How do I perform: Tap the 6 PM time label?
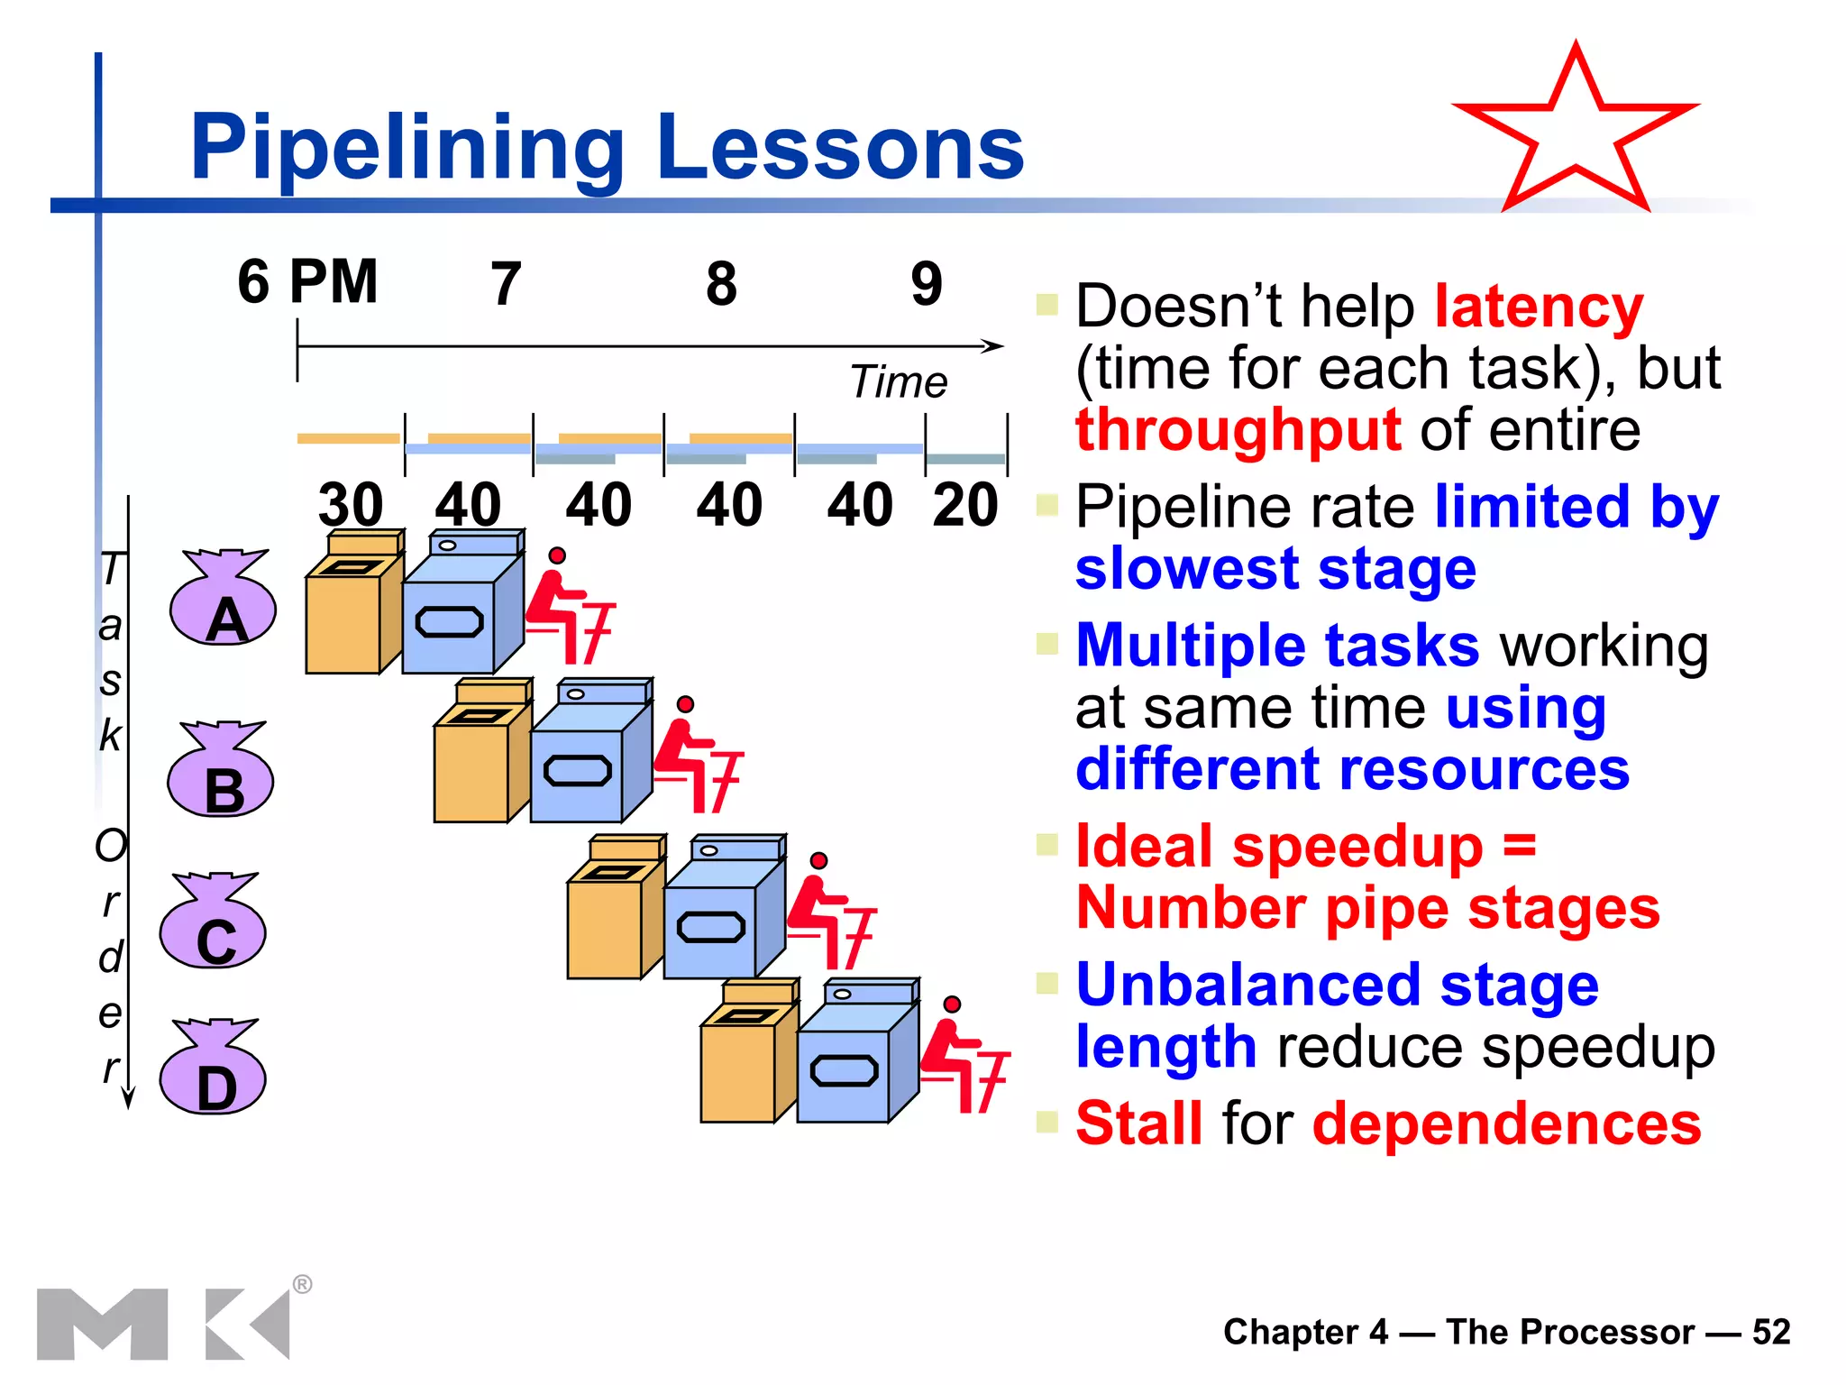tap(307, 282)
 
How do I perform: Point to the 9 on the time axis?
tap(927, 284)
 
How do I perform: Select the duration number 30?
tap(351, 504)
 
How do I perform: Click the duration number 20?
tap(965, 504)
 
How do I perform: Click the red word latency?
tap(1539, 307)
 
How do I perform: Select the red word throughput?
tap(1238, 430)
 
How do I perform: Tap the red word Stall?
tap(1139, 1124)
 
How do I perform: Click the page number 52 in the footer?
tap(1771, 1332)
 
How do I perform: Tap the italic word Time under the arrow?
tap(899, 382)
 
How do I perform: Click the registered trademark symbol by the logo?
tap(303, 1284)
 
